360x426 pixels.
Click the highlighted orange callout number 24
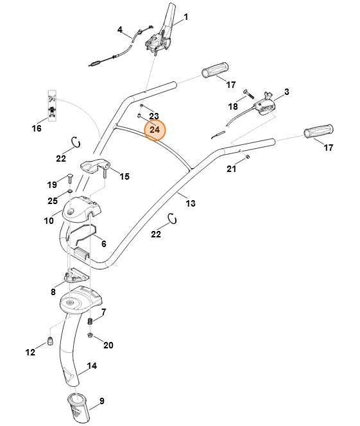point(154,130)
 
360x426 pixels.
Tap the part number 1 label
point(186,15)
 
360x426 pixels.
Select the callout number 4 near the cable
point(119,30)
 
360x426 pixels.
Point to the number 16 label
point(37,128)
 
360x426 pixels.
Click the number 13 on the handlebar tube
point(191,203)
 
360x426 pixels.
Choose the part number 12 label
point(30,352)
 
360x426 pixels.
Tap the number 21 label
point(232,169)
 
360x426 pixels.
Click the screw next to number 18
point(248,94)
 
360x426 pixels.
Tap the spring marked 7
point(90,321)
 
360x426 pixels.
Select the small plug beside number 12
point(49,339)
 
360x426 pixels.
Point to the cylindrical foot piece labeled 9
point(79,407)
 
